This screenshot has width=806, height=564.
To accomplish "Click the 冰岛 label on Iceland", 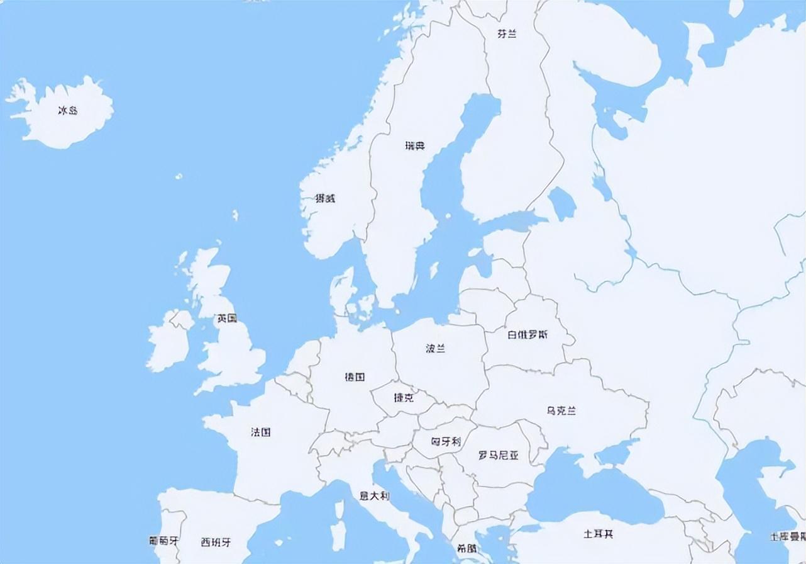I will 67,111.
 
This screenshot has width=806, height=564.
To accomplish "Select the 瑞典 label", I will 415,146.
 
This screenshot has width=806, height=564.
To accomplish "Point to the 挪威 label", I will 325,199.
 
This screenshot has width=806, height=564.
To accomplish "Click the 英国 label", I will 227,319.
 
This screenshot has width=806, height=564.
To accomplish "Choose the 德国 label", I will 355,377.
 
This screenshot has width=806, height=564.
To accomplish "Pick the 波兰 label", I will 435,349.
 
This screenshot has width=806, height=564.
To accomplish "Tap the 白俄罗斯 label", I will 527,335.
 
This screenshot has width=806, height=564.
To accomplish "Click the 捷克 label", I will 403,398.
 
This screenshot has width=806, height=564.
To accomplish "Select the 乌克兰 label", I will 561,411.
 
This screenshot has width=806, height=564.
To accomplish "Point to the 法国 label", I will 260,432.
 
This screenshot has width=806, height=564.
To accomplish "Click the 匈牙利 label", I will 446,441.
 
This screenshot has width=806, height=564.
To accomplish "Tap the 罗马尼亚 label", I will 499,455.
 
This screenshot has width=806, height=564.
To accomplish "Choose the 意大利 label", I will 374,496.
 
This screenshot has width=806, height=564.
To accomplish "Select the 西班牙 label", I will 216,542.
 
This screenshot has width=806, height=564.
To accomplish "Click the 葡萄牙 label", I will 163,541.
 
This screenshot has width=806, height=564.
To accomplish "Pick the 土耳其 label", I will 598,534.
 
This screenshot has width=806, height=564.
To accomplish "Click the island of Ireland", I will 168,343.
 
